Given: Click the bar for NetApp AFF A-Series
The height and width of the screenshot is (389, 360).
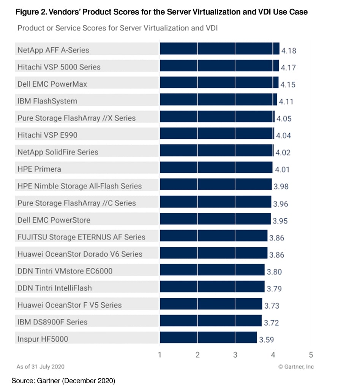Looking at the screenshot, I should pyautogui.click(x=219, y=49).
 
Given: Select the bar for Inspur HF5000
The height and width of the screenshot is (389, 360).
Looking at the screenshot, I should pyautogui.click(x=208, y=338).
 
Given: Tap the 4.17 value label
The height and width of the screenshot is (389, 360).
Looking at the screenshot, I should pyautogui.click(x=288, y=68).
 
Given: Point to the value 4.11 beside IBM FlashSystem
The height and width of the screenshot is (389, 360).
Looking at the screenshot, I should pyautogui.click(x=286, y=102).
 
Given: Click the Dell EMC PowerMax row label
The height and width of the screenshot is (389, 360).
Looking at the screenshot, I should pyautogui.click(x=52, y=84).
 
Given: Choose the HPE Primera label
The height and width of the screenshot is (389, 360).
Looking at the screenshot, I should pyautogui.click(x=39, y=169).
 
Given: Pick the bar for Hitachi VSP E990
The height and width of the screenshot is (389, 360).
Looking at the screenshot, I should pyautogui.click(x=216, y=134).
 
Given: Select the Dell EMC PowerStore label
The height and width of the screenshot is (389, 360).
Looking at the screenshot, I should pyautogui.click(x=54, y=220).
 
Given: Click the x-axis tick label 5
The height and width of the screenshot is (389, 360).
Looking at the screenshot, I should pyautogui.click(x=311, y=355).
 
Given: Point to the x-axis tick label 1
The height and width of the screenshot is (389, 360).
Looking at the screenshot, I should pyautogui.click(x=160, y=355).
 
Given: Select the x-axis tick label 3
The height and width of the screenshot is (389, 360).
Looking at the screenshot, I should pyautogui.click(x=235, y=355).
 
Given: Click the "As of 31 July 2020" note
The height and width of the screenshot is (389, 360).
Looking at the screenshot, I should pyautogui.click(x=40, y=367).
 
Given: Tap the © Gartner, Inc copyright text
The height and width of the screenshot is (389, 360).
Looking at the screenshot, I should pyautogui.click(x=296, y=367).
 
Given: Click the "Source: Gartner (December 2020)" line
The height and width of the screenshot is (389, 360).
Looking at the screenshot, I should pyautogui.click(x=63, y=380).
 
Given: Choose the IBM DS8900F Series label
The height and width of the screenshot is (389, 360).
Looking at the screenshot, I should pyautogui.click(x=52, y=322).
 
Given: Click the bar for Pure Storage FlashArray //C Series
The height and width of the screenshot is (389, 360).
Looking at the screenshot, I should pyautogui.click(x=215, y=203).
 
